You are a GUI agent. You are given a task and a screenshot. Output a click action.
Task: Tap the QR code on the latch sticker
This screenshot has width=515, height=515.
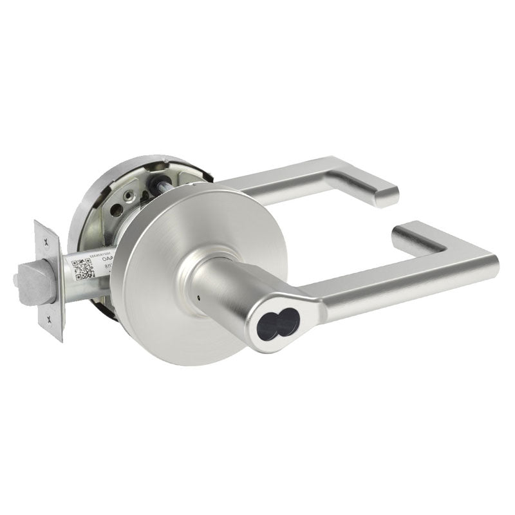tap(83, 268)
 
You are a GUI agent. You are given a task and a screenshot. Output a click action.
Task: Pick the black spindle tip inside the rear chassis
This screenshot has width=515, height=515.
tap(156, 181)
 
